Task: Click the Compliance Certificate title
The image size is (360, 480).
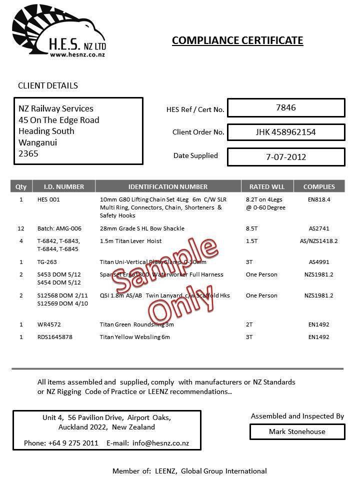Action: pyautogui.click(x=237, y=40)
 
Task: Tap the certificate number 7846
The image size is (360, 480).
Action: pyautogui.click(x=285, y=107)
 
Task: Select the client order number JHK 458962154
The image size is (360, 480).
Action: pyautogui.click(x=285, y=132)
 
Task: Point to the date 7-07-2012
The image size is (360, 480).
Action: pyautogui.click(x=285, y=157)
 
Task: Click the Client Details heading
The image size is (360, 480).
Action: pyautogui.click(x=48, y=85)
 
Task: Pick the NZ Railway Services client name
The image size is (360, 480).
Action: pyautogui.click(x=56, y=108)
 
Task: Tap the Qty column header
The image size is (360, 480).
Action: pyautogui.click(x=21, y=186)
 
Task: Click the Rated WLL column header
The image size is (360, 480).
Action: pyautogui.click(x=270, y=186)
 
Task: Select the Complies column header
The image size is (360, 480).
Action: pyautogui.click(x=319, y=186)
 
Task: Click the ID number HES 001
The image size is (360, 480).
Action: pyautogui.click(x=48, y=199)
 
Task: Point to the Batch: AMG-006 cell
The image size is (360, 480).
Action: pyautogui.click(x=59, y=228)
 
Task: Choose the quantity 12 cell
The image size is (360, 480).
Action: pyautogui.click(x=21, y=228)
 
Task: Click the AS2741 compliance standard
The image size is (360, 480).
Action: pyautogui.click(x=319, y=228)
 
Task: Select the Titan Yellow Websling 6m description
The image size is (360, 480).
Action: pyautogui.click(x=135, y=337)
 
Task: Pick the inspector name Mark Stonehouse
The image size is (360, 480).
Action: pyautogui.click(x=297, y=431)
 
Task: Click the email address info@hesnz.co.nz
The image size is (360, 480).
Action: pyautogui.click(x=160, y=443)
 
